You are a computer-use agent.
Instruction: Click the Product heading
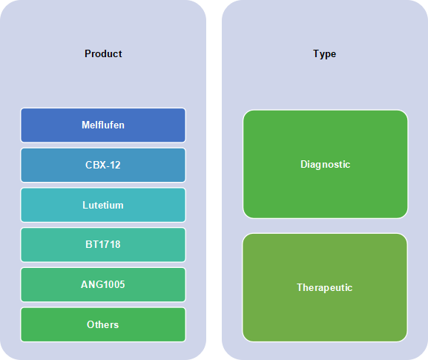coord(103,53)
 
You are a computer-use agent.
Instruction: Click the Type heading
coord(325,54)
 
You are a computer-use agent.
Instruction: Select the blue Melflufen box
coord(103,125)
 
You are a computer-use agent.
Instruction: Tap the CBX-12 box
coord(103,165)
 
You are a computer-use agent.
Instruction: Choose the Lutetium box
coord(103,205)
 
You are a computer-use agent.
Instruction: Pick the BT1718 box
coord(103,245)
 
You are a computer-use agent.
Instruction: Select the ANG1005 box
coord(103,284)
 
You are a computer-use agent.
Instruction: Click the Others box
coord(103,324)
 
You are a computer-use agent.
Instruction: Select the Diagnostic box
coord(326,164)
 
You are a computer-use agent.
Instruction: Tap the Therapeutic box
coord(325,287)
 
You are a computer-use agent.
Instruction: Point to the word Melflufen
coord(103,125)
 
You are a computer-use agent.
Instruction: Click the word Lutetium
coord(103,205)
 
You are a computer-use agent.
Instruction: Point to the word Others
coord(103,325)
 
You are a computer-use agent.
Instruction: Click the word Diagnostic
coord(326,165)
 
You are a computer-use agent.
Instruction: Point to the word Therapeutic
coord(325,288)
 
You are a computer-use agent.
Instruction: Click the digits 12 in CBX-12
coord(115,165)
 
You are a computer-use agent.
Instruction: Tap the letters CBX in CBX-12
coord(95,165)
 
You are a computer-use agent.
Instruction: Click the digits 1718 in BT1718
coord(110,244)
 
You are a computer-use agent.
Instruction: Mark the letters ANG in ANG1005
coord(90,284)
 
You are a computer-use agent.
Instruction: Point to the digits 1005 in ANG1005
coord(113,284)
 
